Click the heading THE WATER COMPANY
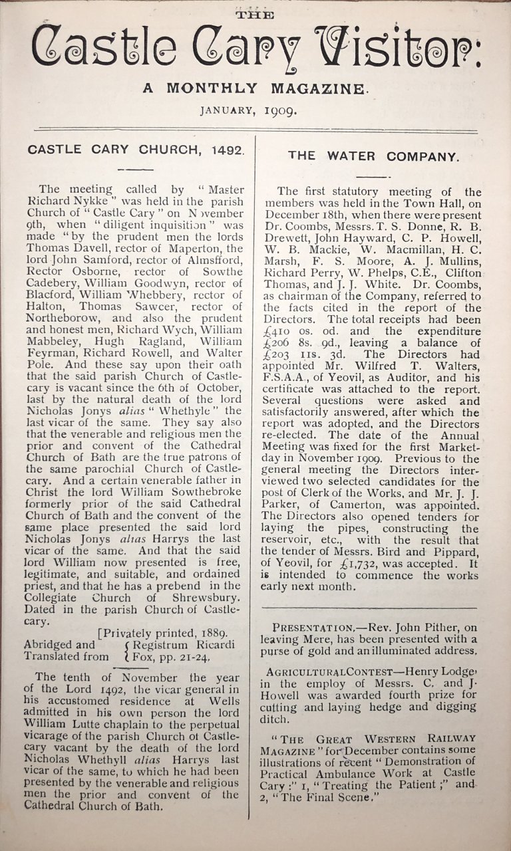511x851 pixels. [x=373, y=156]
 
